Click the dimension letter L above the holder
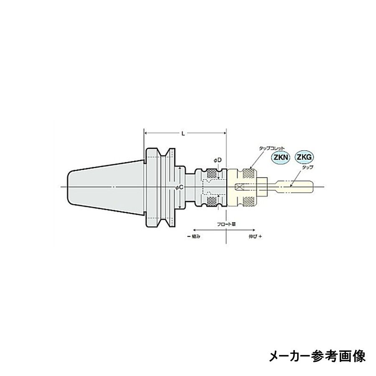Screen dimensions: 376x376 (x=183, y=133)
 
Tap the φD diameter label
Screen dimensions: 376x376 (x=217, y=160)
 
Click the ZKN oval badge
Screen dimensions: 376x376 (x=280, y=158)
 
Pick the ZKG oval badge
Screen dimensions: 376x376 (x=304, y=157)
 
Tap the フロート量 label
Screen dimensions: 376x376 (x=226, y=224)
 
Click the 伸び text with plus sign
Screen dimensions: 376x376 (x=255, y=236)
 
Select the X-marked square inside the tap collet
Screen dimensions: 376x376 (x=239, y=186)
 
